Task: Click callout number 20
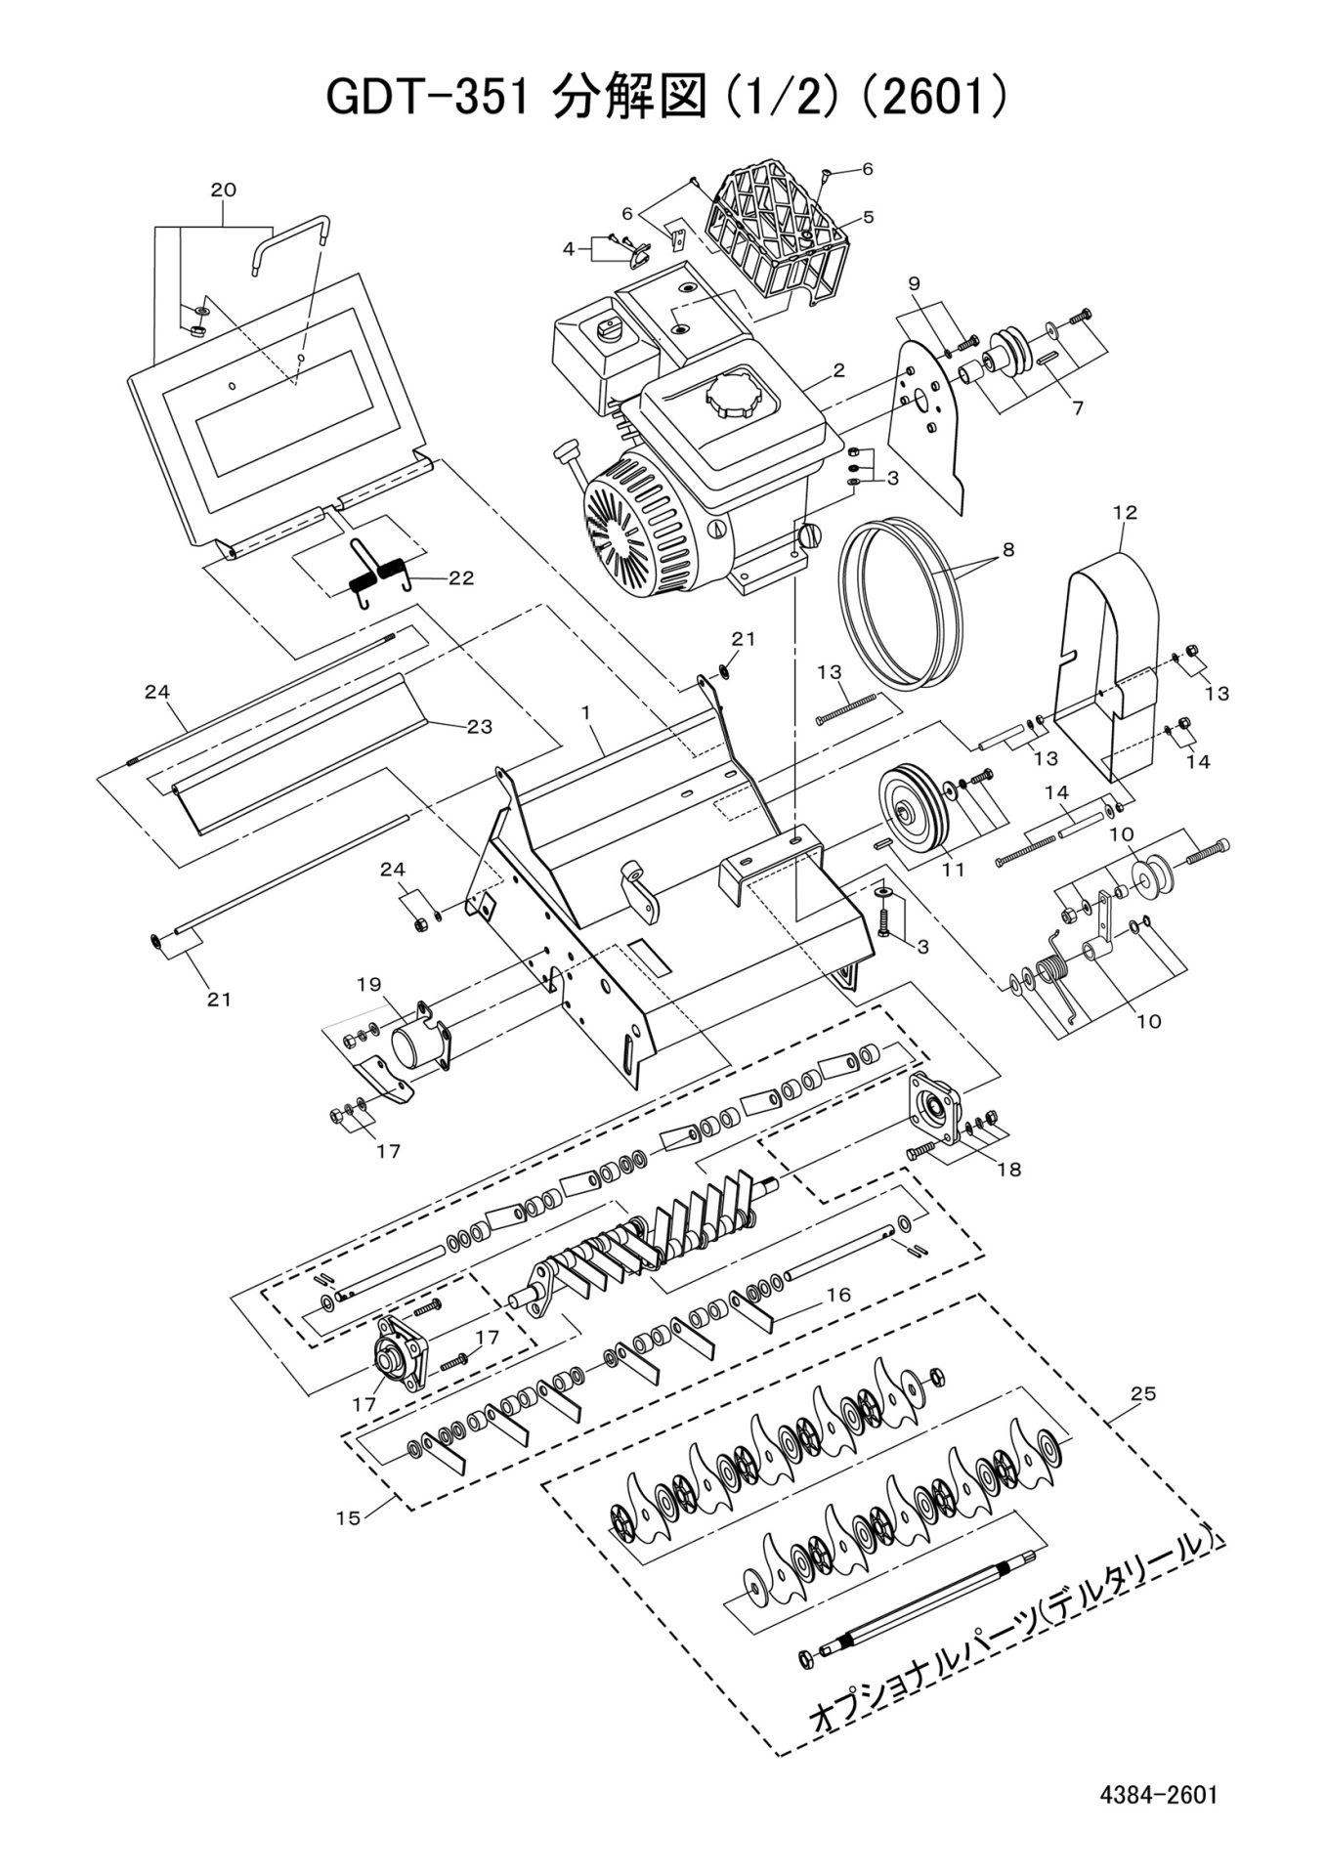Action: point(224,190)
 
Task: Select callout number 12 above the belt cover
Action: point(1125,512)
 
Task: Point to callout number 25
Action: point(1142,1394)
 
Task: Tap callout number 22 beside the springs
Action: point(460,577)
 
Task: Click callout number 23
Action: point(479,726)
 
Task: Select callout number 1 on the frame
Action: point(586,714)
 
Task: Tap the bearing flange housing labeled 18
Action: point(935,1105)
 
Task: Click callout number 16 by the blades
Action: point(838,1295)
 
